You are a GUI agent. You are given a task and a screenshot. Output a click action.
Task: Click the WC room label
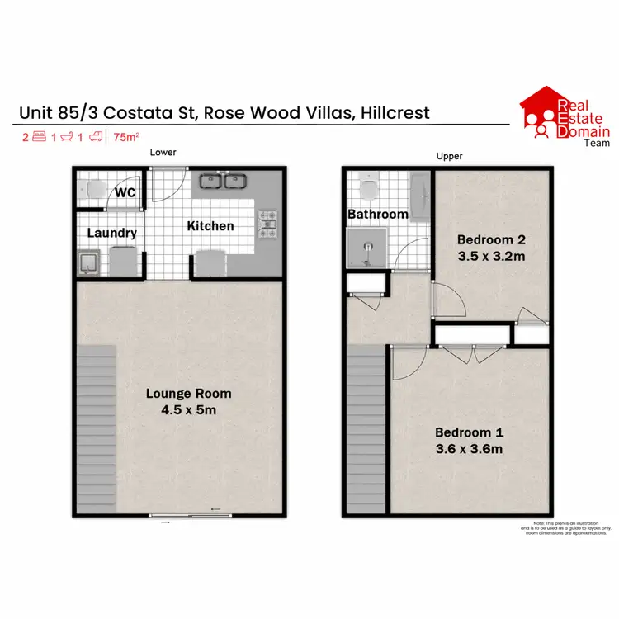[125, 193]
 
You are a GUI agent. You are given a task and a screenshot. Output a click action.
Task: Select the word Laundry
[112, 234]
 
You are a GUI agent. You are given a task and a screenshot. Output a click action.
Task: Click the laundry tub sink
[89, 263]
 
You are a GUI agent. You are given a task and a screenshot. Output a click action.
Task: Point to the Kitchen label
[210, 226]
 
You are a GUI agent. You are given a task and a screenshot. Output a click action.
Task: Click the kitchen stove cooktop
[269, 224]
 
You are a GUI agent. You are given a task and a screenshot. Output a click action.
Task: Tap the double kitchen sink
[224, 181]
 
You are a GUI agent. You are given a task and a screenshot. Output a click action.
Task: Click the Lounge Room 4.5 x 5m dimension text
[189, 409]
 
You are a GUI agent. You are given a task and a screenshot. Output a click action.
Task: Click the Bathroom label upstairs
[378, 214]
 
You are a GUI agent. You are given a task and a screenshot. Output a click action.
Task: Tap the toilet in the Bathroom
[368, 189]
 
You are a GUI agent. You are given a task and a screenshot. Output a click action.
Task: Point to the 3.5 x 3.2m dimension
[492, 257]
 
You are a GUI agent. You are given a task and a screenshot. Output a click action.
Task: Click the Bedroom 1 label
[469, 432]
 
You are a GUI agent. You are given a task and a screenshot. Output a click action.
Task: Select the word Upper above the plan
[450, 156]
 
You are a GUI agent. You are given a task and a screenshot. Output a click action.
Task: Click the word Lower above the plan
[163, 152]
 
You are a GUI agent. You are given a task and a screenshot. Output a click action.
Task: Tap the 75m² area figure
[126, 138]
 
